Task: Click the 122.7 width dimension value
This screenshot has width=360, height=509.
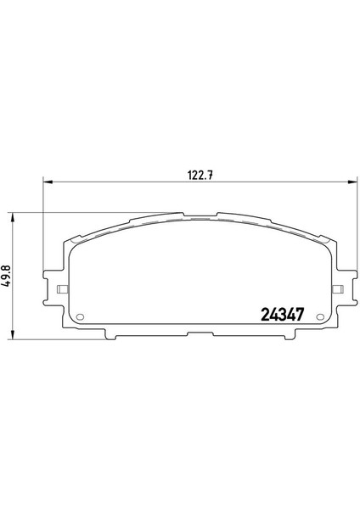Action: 200,176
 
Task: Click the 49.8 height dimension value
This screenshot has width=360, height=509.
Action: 7,276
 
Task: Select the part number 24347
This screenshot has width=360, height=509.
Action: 283,314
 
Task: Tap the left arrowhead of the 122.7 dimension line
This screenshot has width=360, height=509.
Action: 48,182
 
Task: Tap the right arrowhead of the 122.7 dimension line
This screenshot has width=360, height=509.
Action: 352,182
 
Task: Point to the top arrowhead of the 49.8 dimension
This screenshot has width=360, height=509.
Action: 13,218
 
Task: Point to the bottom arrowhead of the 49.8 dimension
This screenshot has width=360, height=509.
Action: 13,335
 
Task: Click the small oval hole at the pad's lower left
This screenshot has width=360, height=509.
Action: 80,316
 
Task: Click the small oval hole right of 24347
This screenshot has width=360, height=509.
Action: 320,317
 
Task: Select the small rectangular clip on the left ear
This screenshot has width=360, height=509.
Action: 62,289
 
